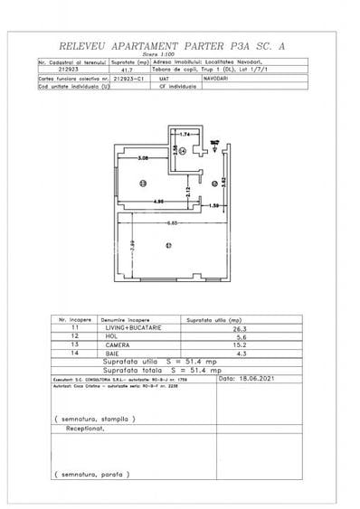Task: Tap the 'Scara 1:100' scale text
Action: coord(179,53)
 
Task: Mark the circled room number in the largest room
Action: coord(166,245)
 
